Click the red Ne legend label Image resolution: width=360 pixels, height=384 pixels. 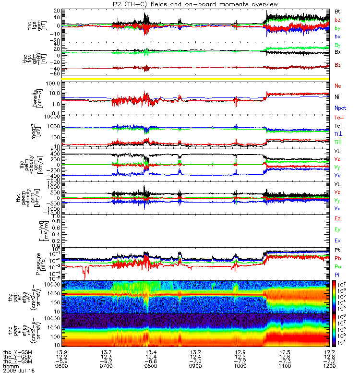(x=337, y=85)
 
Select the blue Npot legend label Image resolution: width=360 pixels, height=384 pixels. (x=339, y=108)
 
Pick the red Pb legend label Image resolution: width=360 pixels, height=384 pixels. (x=337, y=259)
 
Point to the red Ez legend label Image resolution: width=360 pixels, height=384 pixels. (x=337, y=218)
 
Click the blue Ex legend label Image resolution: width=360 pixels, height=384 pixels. (x=337, y=240)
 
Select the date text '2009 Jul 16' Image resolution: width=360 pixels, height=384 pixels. (x=19, y=371)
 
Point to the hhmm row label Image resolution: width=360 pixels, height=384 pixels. (x=10, y=366)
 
